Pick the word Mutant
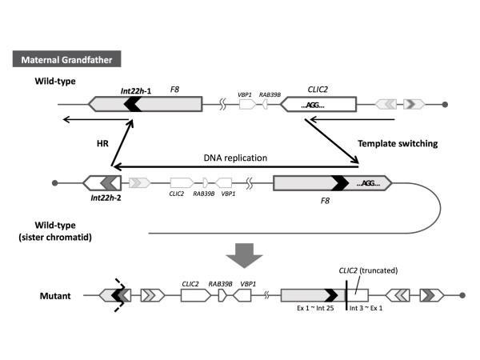coord(57,295)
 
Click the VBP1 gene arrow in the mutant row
coord(248,295)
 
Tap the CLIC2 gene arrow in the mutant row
coord(194,295)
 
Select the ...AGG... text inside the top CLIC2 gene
coord(319,105)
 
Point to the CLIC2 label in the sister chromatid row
coord(178,193)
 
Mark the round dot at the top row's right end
coord(446,105)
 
